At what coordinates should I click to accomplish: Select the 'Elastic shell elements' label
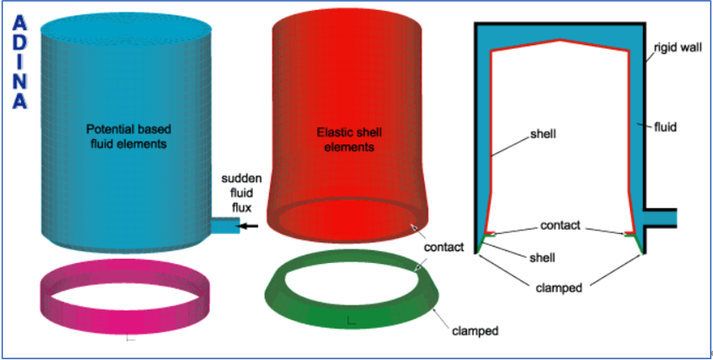pyautogui.click(x=349, y=139)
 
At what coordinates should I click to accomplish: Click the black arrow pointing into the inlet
pyautogui.click(x=250, y=227)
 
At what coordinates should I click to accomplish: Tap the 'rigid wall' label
pyautogui.click(x=677, y=48)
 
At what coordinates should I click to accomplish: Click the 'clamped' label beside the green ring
pyautogui.click(x=475, y=331)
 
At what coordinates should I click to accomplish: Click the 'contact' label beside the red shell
pyautogui.click(x=443, y=247)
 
